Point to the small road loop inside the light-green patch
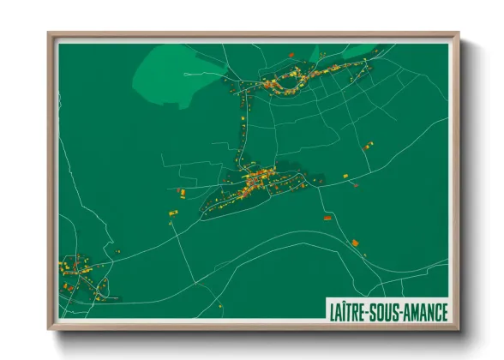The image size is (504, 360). [186, 75]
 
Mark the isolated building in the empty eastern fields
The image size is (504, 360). [369, 145]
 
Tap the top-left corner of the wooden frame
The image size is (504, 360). [50, 35]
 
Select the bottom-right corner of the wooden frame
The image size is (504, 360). [459, 331]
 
